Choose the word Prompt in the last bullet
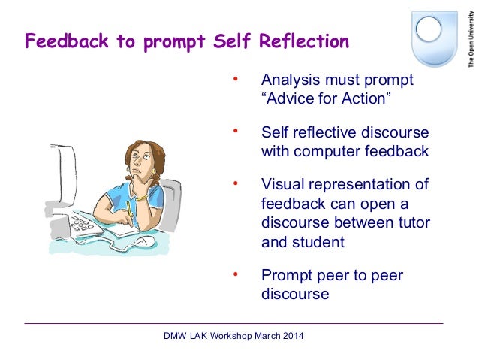point(286,275)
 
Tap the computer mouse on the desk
point(144,241)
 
